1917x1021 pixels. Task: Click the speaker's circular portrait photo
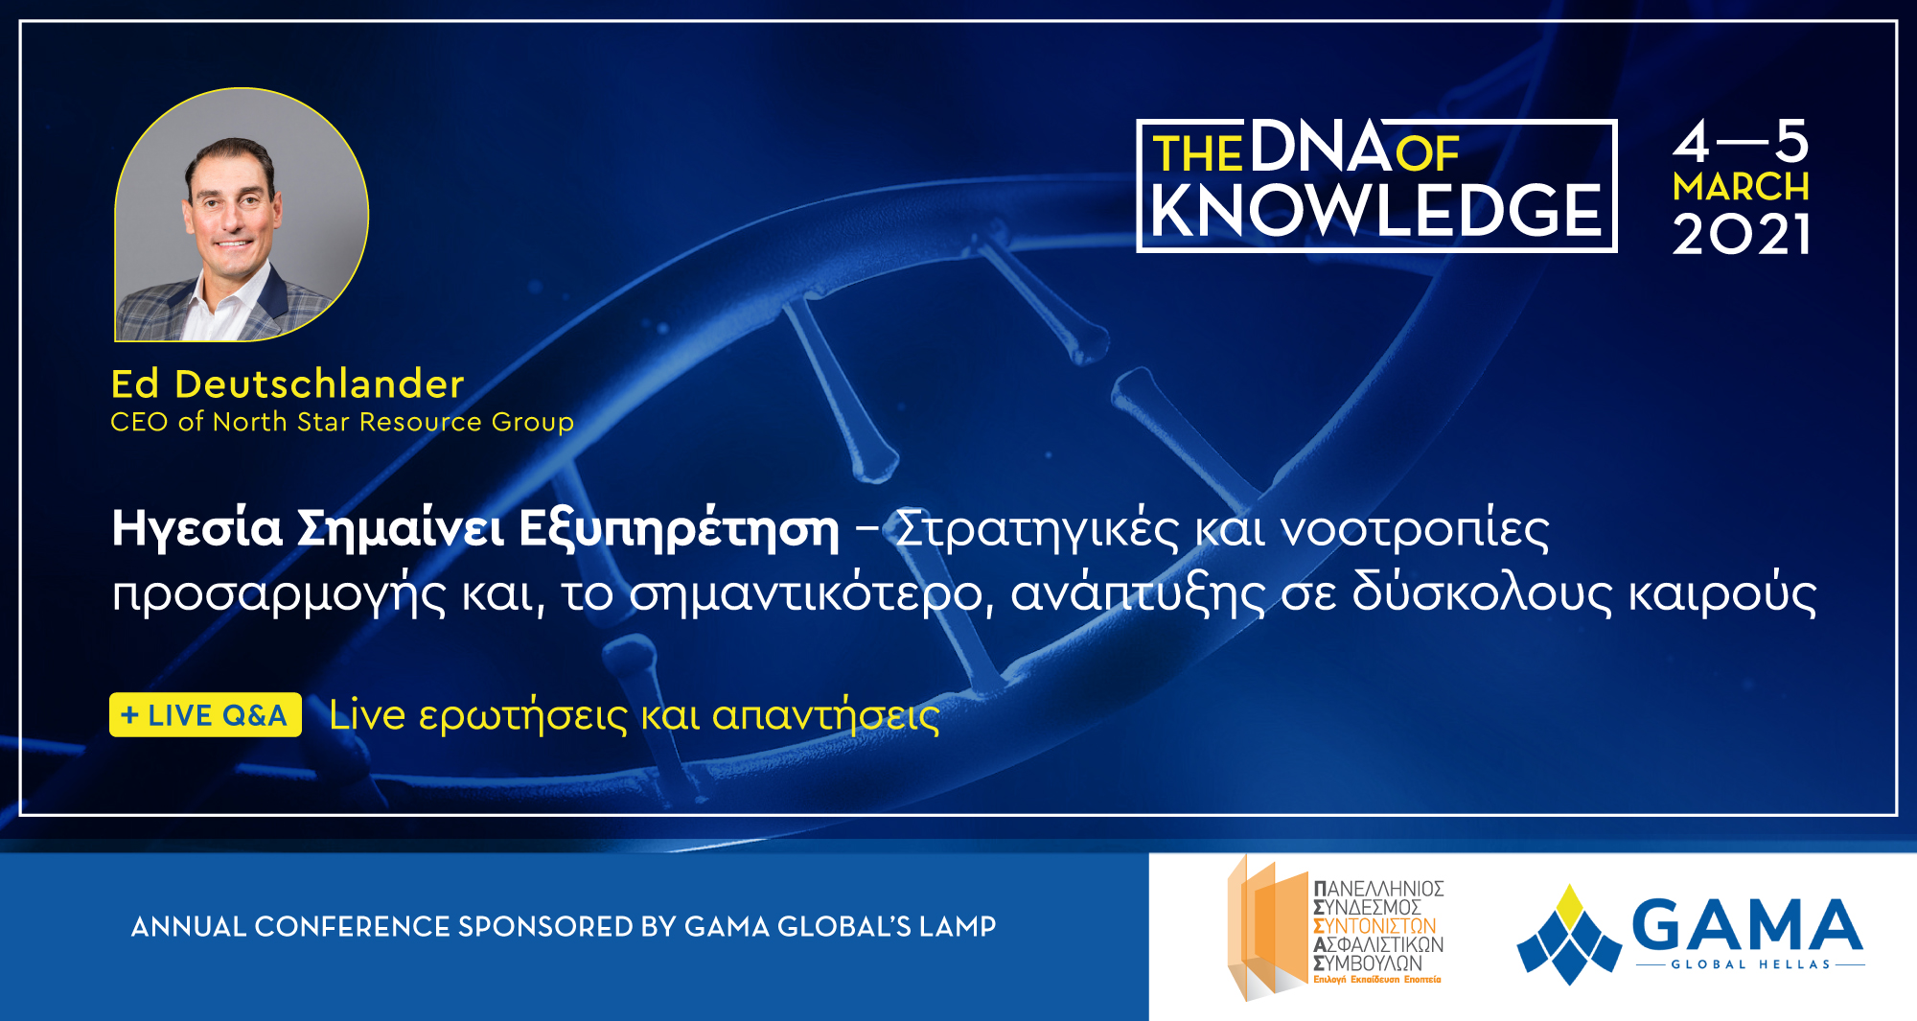pyautogui.click(x=242, y=215)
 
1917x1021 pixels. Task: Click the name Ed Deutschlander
pyautogui.click(x=288, y=383)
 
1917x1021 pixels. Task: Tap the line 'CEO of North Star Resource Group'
pyautogui.click(x=342, y=422)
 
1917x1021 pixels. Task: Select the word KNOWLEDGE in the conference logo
pyautogui.click(x=1376, y=211)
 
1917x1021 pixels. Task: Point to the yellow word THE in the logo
pyautogui.click(x=1197, y=154)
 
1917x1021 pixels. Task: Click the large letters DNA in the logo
pyautogui.click(x=1320, y=147)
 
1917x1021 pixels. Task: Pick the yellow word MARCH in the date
pyautogui.click(x=1741, y=186)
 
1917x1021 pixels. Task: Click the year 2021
pyautogui.click(x=1741, y=235)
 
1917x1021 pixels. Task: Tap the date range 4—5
pyautogui.click(x=1741, y=142)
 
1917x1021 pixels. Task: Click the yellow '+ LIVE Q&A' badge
pyautogui.click(x=205, y=715)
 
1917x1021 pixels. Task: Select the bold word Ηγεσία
pyautogui.click(x=197, y=528)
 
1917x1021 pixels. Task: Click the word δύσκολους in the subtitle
pyautogui.click(x=1483, y=592)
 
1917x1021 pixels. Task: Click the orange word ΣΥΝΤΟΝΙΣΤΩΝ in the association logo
pyautogui.click(x=1374, y=926)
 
